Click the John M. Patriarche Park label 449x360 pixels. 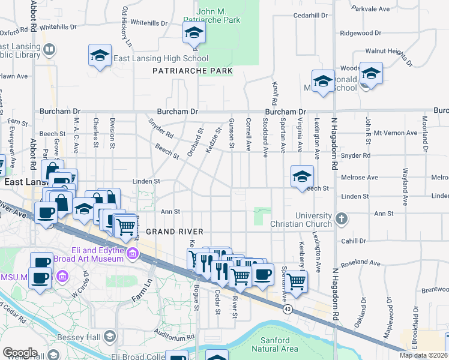(x=219, y=14)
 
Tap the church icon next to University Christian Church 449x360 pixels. (x=342, y=218)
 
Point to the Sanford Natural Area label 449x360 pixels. (x=275, y=344)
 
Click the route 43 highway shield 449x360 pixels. (x=289, y=308)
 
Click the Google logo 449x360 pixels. (x=20, y=353)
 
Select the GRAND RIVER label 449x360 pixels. (x=175, y=232)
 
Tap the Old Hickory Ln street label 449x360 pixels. (x=126, y=26)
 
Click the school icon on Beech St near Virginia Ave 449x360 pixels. (x=302, y=176)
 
